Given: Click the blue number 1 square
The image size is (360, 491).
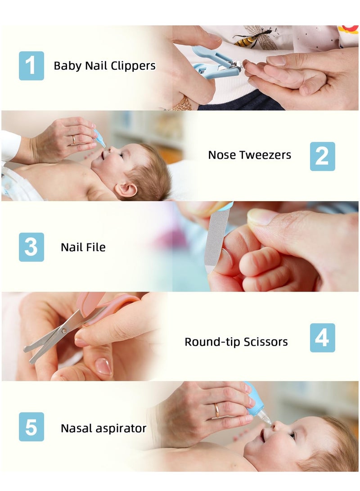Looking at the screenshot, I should pos(31,66).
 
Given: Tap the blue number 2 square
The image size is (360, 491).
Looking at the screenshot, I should pos(322,156).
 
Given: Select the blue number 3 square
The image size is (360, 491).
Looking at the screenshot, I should pos(31,247).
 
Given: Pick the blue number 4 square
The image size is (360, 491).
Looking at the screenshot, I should pos(322,338).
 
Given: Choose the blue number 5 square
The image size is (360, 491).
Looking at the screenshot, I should pos(31,427).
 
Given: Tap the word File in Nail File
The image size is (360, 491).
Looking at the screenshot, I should pos(96,247).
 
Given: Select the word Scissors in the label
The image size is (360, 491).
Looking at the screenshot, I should pos(265,342).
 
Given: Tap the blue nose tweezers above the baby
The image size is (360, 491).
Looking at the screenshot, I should pos(99,138).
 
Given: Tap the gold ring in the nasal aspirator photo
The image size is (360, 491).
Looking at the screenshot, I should pos(217,410).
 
